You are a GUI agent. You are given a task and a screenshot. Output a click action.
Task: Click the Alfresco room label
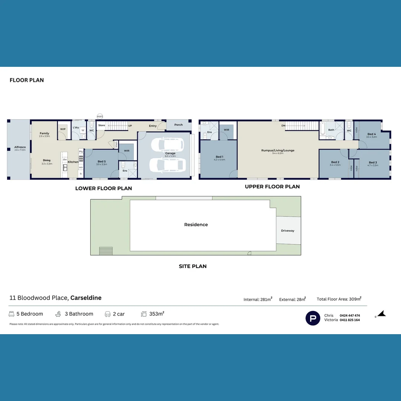coord(20,147)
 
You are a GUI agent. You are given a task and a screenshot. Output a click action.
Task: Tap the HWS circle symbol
coord(100,117)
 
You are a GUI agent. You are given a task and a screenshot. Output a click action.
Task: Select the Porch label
coord(179,125)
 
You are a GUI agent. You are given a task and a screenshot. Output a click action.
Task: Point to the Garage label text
coord(170,153)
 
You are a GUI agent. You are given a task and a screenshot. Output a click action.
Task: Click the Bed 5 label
coord(101,162)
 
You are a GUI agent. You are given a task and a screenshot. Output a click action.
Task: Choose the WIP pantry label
coord(63,129)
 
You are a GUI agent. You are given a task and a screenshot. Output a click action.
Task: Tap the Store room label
coord(101,125)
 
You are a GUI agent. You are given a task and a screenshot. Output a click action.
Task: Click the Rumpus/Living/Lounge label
coord(277,150)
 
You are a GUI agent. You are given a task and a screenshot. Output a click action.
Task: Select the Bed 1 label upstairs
coord(219,157)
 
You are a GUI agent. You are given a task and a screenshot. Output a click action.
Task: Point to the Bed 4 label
coord(372,134)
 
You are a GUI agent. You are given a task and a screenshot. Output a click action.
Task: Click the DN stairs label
coord(283,125)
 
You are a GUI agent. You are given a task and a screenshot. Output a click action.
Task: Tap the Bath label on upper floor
coord(331,130)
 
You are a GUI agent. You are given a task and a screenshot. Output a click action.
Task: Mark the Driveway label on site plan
coord(287,231)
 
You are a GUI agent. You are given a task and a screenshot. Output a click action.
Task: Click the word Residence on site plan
coord(196,225)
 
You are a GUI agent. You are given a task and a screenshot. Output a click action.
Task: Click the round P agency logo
coord(313,318)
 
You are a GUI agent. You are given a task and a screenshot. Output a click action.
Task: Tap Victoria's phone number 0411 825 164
coord(349,320)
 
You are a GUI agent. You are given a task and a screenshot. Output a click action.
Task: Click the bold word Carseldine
coord(86,298)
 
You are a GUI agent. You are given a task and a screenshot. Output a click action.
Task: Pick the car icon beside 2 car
coord(108,314)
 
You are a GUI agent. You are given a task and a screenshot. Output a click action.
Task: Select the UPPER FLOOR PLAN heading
coord(272,187)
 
